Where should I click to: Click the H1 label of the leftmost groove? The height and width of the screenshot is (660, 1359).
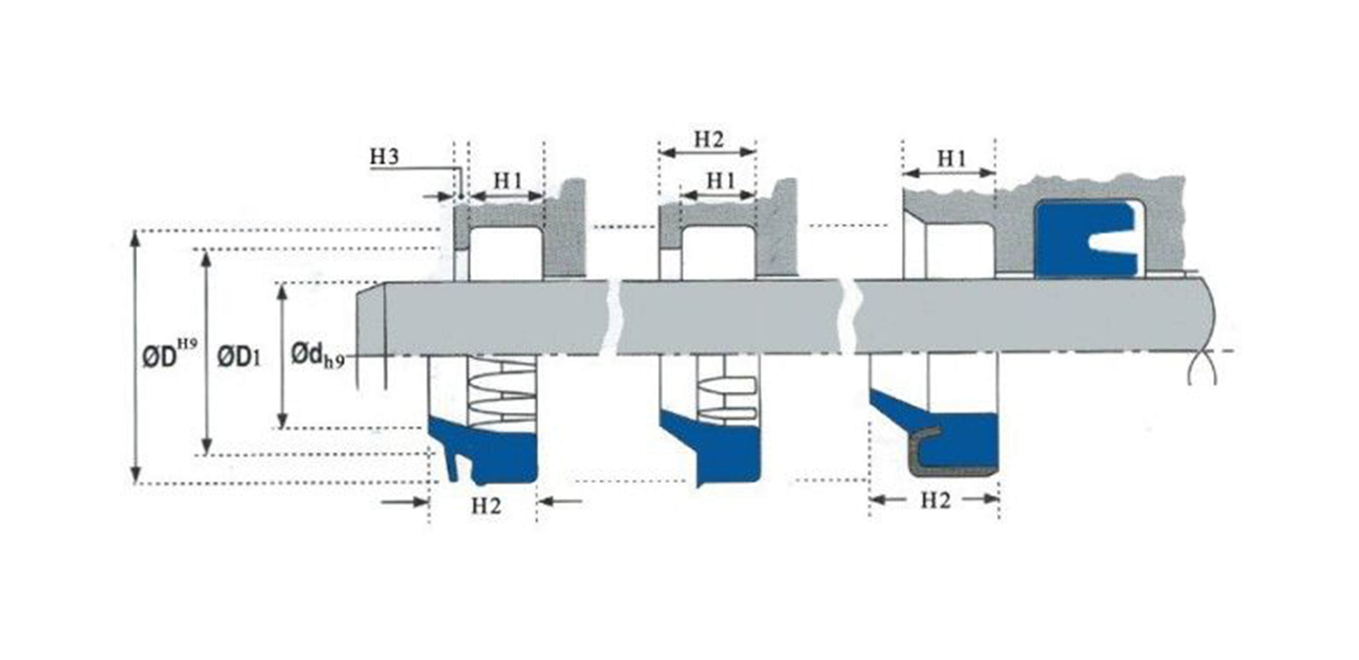tap(508, 181)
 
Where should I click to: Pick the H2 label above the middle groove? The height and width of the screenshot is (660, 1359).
tap(709, 139)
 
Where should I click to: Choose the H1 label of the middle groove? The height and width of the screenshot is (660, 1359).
tap(721, 181)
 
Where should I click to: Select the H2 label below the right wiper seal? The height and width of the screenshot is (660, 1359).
tap(935, 500)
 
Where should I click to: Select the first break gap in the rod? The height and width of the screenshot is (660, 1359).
tap(614, 317)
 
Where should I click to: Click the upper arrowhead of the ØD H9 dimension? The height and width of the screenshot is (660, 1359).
tap(136, 238)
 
